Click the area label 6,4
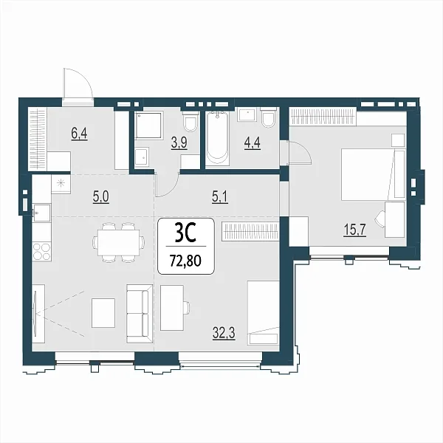coord(79,134)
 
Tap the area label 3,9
coord(179,142)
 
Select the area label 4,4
coord(252,142)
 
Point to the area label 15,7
coord(354,229)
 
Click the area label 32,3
coord(224,333)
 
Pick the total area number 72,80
coord(185,261)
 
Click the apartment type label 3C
coord(185,233)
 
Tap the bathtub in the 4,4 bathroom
coord(217,138)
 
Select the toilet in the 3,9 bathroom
coord(190,122)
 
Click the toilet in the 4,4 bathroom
coord(268,118)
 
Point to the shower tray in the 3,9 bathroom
coord(149,126)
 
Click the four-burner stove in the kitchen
coord(41,252)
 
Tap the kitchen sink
coord(41,212)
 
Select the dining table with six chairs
coord(119,243)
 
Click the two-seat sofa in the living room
coord(140,314)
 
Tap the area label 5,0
coord(101,197)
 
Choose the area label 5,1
coord(220,197)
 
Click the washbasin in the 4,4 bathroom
coord(247,114)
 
